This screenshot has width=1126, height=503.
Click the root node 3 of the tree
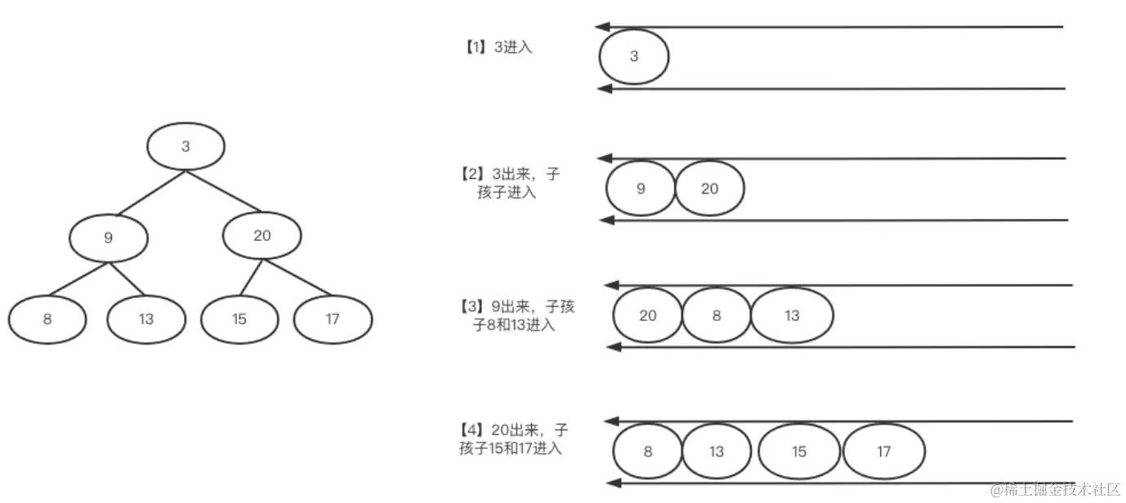185,147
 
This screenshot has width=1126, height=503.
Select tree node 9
109,238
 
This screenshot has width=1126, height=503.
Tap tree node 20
261,236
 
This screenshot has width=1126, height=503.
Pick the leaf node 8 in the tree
47,319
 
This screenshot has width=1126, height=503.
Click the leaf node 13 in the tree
146,319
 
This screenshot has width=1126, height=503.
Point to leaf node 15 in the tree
239,319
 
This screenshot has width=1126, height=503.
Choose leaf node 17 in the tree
333,319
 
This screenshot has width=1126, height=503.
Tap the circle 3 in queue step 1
634,57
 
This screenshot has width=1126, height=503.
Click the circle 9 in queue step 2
641,189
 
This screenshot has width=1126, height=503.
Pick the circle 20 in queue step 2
710,189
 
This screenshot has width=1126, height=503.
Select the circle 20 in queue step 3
647,315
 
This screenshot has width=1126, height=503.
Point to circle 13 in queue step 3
792,315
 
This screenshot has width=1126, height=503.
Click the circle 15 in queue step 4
799,452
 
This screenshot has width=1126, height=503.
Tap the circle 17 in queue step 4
883,452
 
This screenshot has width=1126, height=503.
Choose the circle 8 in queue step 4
647,452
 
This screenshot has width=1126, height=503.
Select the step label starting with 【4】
515,438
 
